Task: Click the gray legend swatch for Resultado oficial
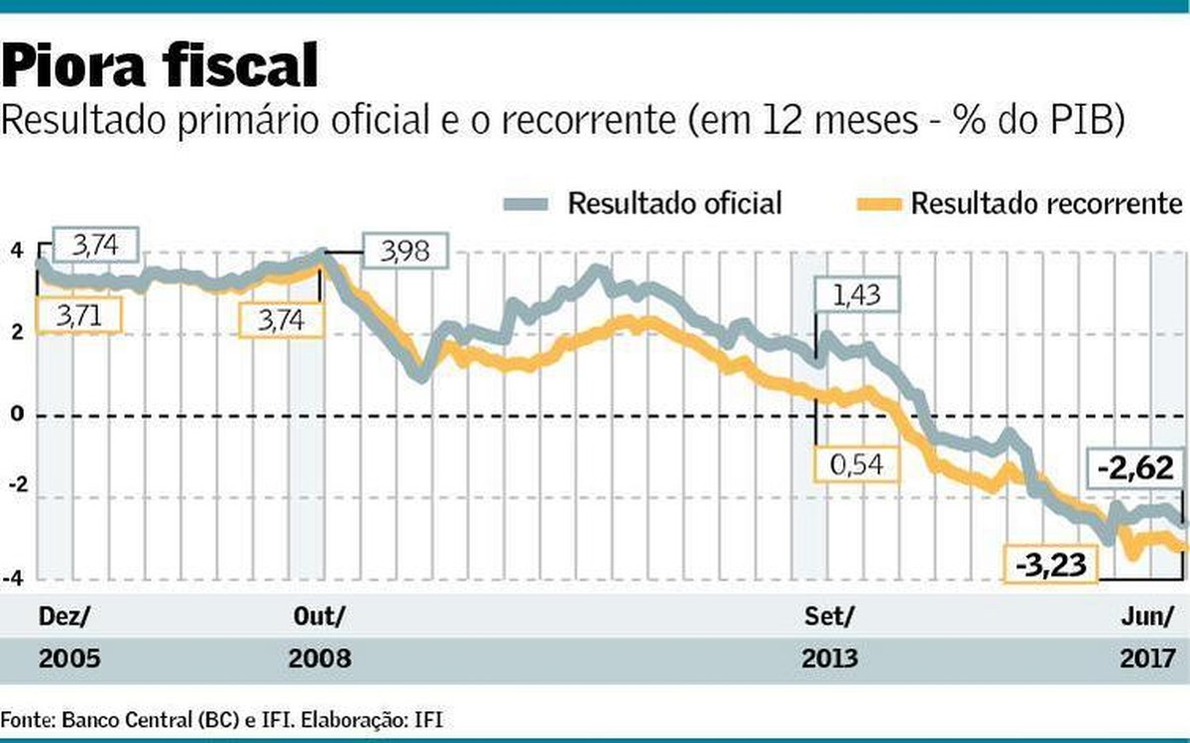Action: click(x=527, y=204)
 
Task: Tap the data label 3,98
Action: click(x=405, y=251)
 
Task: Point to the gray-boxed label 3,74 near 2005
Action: click(x=95, y=245)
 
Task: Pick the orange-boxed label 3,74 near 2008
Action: click(x=282, y=320)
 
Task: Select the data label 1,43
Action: click(x=855, y=296)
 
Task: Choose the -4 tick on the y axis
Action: click(x=16, y=578)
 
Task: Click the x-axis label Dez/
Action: click(x=63, y=615)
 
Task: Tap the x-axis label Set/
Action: click(x=829, y=615)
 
